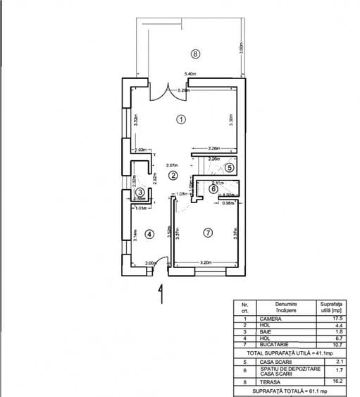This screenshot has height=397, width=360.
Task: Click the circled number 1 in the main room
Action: (x=181, y=119)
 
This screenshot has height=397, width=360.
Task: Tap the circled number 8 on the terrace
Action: (x=195, y=53)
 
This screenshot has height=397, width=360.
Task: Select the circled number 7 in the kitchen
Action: (x=207, y=232)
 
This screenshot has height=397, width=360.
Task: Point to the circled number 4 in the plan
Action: (x=149, y=233)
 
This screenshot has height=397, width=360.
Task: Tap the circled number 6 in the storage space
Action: (x=213, y=188)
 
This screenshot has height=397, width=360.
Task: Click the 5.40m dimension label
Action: (x=190, y=74)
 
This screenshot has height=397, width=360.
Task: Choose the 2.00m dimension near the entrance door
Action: (x=149, y=263)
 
